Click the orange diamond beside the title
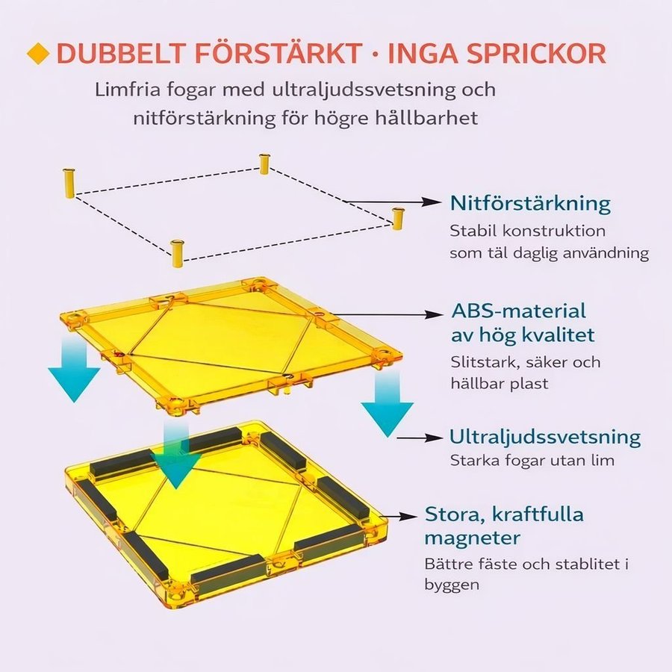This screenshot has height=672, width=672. pyautogui.click(x=38, y=54)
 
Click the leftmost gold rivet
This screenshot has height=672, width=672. pyautogui.click(x=69, y=184)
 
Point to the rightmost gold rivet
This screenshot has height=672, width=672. pyautogui.click(x=398, y=219)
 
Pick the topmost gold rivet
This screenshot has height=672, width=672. pyautogui.click(x=264, y=164)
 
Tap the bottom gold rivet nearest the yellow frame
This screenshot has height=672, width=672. pyautogui.click(x=176, y=254)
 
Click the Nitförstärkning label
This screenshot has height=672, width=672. pyautogui.click(x=530, y=203)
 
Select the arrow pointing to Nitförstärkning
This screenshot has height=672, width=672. pyautogui.click(x=393, y=202)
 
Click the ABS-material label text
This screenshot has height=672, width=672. pyautogui.click(x=519, y=311)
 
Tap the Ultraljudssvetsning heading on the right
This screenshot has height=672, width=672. pyautogui.click(x=545, y=437)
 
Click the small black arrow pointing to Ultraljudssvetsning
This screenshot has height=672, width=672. pyautogui.click(x=420, y=438)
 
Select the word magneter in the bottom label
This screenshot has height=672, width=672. pyautogui.click(x=473, y=538)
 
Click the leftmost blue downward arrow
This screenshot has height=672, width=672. pyautogui.click(x=74, y=369)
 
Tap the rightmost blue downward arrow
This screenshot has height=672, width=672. pyautogui.click(x=388, y=403)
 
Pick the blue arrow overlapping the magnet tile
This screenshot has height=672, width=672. pyautogui.click(x=176, y=455)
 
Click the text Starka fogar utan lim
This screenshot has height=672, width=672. pyautogui.click(x=532, y=461)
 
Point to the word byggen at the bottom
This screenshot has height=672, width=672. pyautogui.click(x=452, y=585)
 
